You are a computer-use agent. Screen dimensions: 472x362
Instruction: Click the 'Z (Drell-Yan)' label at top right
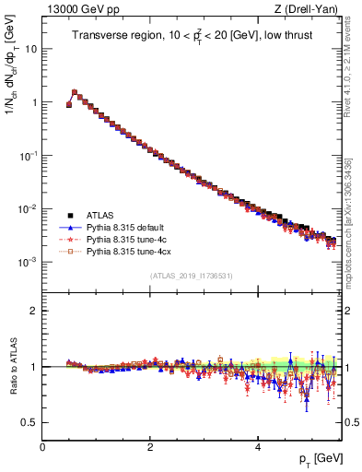310,9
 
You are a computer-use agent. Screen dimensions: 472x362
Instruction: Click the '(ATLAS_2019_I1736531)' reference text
191,277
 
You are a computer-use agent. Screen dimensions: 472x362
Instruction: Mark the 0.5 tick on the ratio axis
30,422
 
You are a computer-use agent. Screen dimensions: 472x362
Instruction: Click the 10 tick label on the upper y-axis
30,49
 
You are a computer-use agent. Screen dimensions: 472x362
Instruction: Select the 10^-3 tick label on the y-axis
28,262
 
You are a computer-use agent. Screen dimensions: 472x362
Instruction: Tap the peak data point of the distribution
75,92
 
